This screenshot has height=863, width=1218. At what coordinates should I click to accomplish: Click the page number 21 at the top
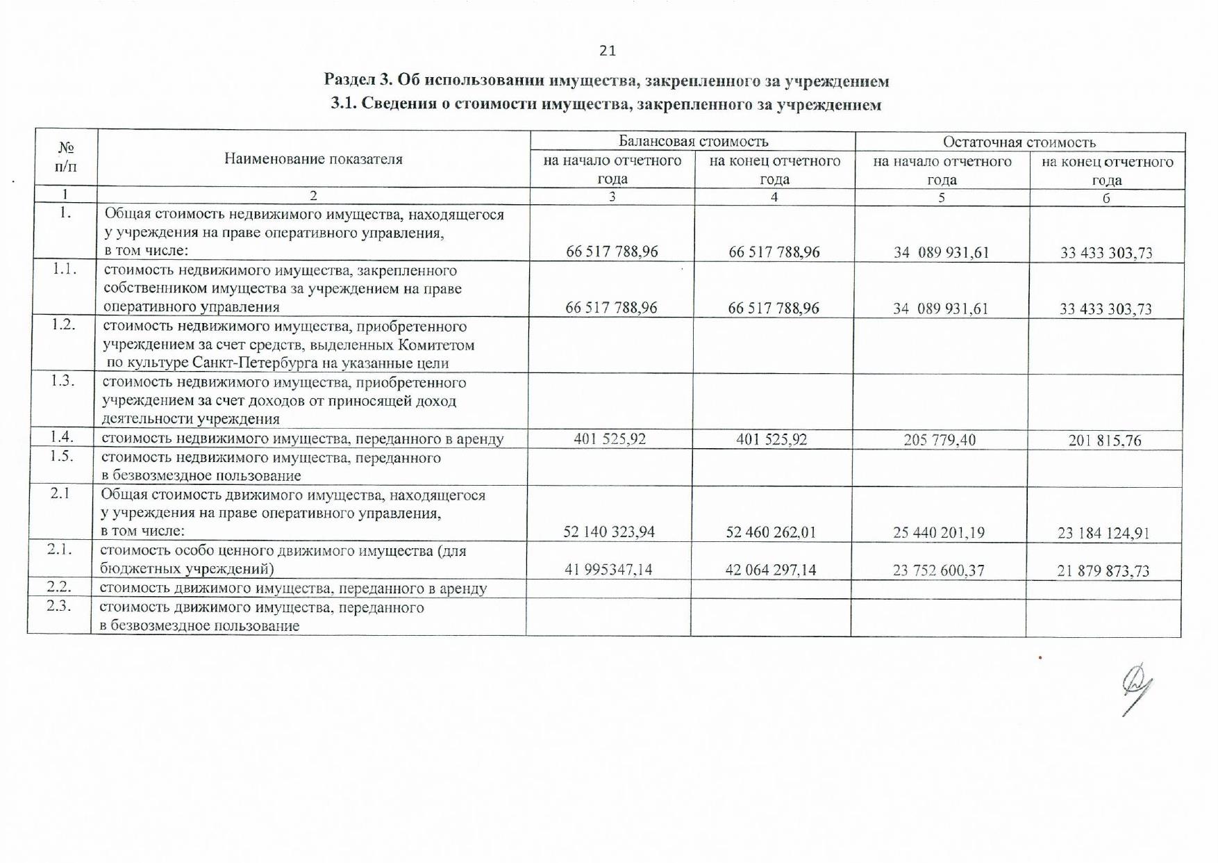point(607,51)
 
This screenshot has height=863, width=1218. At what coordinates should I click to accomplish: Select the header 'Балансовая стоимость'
point(693,142)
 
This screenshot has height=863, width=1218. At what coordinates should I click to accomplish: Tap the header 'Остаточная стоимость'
point(1019,142)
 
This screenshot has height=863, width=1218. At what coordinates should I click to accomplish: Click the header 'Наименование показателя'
point(313,159)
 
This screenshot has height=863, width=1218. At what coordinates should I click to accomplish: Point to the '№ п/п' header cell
point(66,157)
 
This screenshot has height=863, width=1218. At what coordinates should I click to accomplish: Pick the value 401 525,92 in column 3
point(610,439)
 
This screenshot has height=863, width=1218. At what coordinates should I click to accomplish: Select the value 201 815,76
point(1104,441)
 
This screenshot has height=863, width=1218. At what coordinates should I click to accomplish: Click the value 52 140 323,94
point(609,532)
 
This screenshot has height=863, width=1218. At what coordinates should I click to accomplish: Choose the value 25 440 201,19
point(940,533)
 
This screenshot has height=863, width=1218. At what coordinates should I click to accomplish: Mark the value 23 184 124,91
point(1103,534)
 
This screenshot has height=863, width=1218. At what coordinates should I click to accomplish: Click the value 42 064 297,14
point(771,570)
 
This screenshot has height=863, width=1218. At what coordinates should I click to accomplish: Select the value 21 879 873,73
point(1103,571)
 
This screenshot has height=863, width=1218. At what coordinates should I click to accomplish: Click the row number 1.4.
point(62,436)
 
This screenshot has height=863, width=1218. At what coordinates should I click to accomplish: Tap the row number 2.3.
point(60,605)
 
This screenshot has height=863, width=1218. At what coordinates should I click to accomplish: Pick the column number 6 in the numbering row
point(1106,198)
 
